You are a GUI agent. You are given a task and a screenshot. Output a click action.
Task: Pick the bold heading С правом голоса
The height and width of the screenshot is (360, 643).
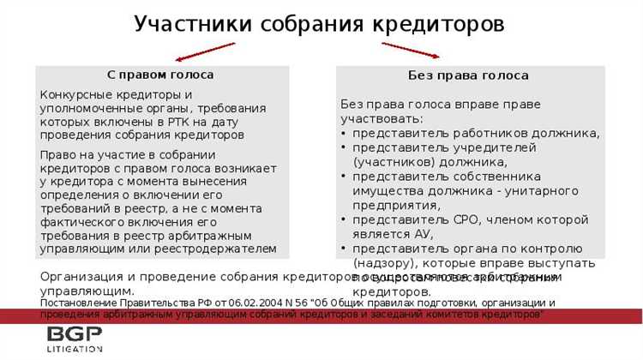(159, 75)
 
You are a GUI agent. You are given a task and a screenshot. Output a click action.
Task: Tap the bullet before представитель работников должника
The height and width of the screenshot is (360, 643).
(344, 133)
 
